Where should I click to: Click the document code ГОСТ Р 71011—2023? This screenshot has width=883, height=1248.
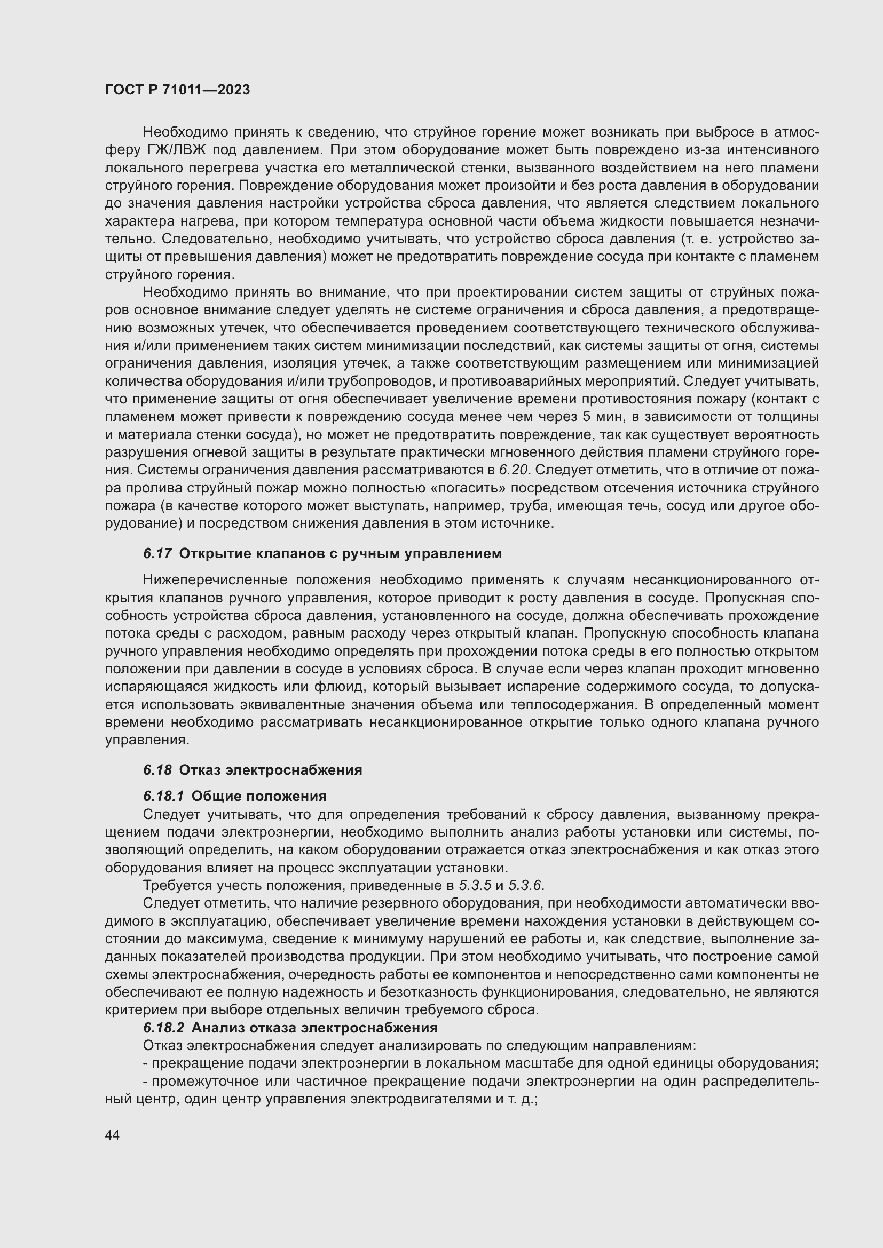[177, 90]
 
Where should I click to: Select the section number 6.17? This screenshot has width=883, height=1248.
[157, 554]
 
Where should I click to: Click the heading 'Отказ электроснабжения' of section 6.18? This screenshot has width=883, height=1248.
[270, 770]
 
